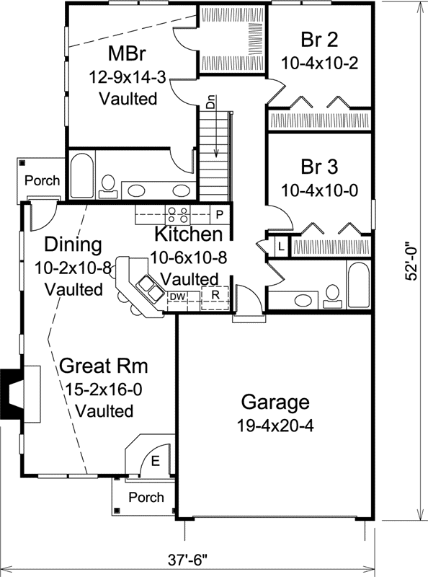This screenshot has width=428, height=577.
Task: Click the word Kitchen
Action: coord(188,234)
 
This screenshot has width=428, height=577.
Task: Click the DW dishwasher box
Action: coord(177,296)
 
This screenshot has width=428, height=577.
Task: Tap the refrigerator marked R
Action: coord(214,295)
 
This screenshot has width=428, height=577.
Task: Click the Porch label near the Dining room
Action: coord(43,180)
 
